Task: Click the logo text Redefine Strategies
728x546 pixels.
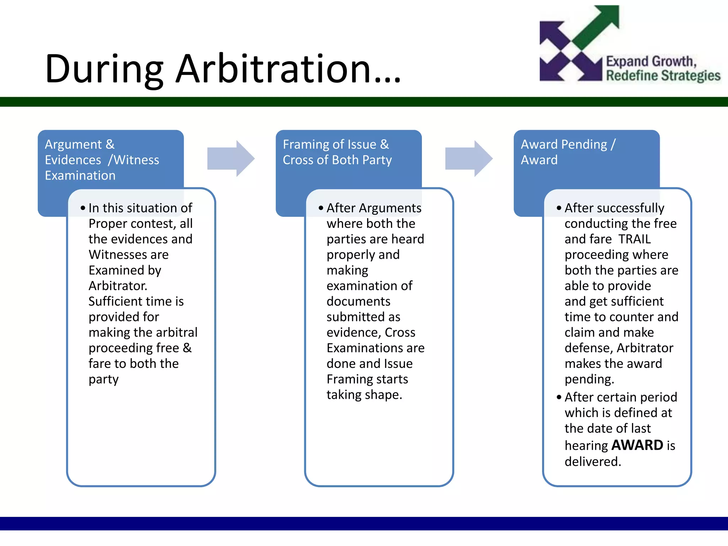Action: pos(663,76)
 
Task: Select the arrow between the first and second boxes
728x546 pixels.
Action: pos(231,159)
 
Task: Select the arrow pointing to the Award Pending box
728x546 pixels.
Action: pos(469,159)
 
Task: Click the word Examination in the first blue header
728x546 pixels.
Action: pos(80,176)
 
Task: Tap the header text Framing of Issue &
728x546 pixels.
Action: pos(336,144)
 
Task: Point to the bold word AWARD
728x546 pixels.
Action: pos(637,445)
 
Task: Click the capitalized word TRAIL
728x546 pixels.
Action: pos(635,239)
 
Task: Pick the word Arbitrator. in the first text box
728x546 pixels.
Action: pos(118,286)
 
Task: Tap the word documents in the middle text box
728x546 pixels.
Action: pos(358,301)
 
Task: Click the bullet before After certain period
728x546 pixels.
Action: pos(559,397)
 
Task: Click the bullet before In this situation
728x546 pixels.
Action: pos(83,208)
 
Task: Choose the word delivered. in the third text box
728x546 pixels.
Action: pos(593,461)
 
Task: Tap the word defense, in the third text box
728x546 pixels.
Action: pos(588,348)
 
